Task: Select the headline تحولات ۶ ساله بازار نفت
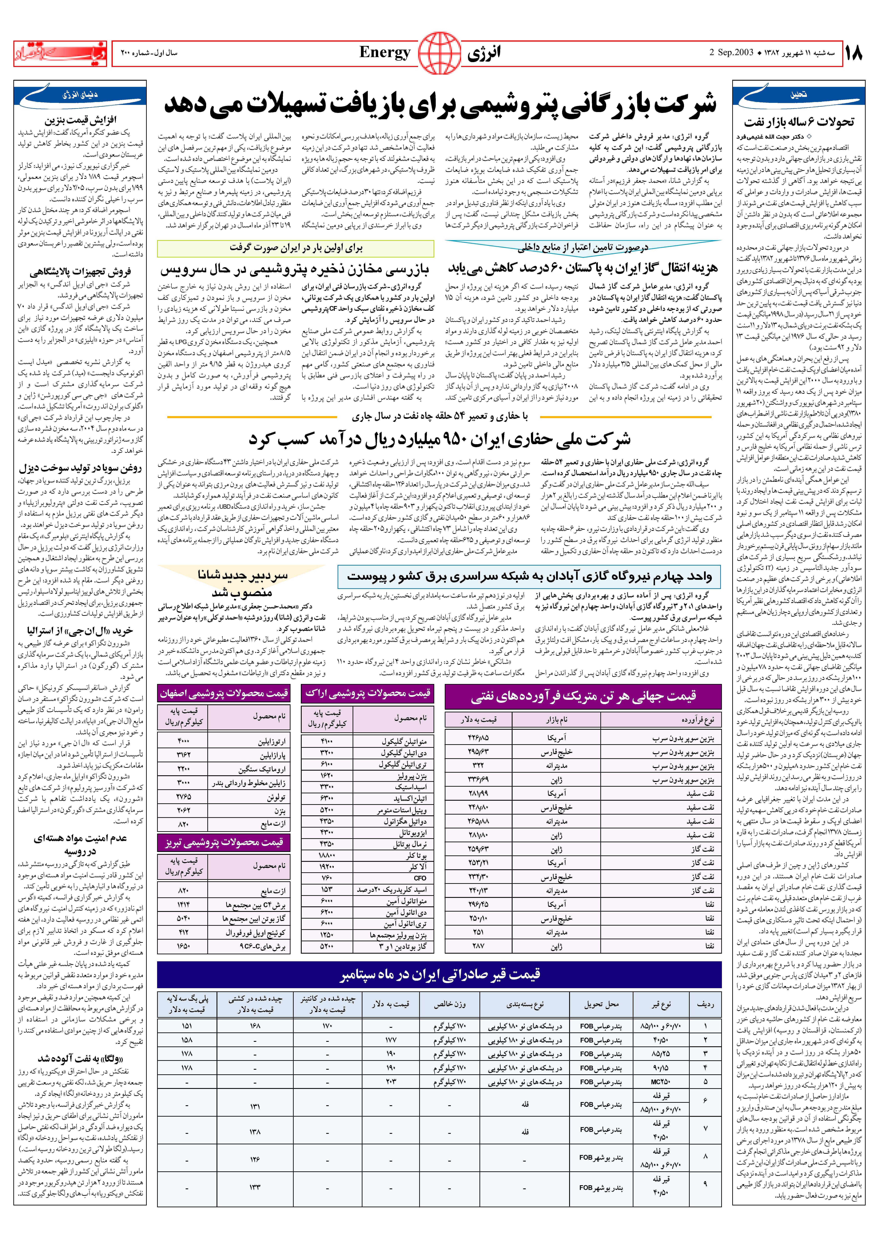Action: (x=799, y=122)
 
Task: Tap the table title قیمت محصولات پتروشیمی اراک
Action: (x=367, y=693)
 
